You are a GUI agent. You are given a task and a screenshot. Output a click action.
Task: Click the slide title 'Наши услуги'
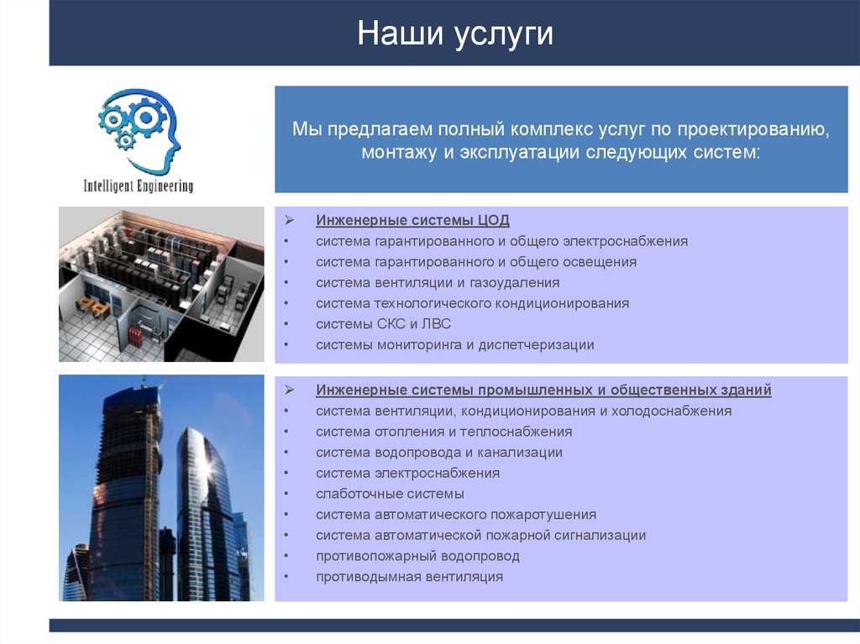[x=454, y=34]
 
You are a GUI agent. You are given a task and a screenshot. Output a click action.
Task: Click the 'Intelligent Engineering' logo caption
[x=138, y=186]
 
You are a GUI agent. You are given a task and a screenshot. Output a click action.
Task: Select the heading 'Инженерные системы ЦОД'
[x=412, y=220]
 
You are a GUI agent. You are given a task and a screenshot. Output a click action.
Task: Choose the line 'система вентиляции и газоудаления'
[x=438, y=282]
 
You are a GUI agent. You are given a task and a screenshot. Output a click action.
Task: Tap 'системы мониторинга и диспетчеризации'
[x=454, y=344]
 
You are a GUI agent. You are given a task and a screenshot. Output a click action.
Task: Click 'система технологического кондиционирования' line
[x=472, y=303]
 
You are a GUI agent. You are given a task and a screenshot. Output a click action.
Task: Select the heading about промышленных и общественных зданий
[x=543, y=390]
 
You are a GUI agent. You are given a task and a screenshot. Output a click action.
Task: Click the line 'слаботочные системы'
[x=390, y=494]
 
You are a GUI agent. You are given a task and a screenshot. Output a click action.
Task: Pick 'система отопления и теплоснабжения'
[x=443, y=432]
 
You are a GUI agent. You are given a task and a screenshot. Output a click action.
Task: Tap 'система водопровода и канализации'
[x=439, y=453]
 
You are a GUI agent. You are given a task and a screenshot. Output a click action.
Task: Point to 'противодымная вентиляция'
[x=409, y=577]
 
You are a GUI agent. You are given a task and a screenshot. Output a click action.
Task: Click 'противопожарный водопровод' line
[x=417, y=556]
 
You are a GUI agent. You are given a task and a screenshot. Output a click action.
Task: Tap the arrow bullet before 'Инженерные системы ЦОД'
[x=287, y=220]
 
